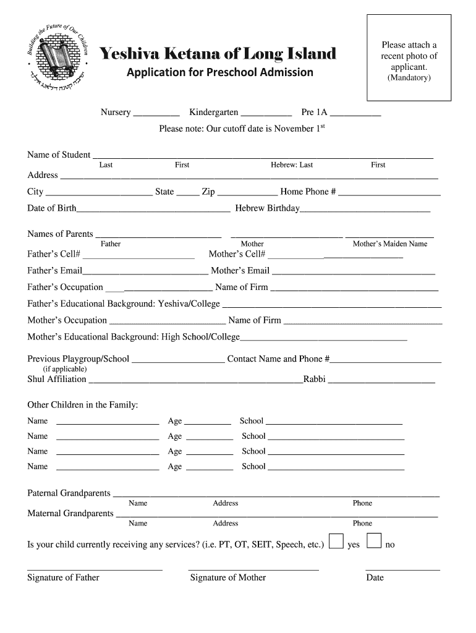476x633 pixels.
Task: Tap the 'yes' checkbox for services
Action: pyautogui.click(x=336, y=541)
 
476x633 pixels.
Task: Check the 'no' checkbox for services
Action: pyautogui.click(x=373, y=541)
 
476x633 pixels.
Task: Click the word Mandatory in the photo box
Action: pyautogui.click(x=409, y=78)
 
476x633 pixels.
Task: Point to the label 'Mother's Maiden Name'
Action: pyautogui.click(x=389, y=244)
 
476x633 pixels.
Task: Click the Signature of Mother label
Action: pyautogui.click(x=227, y=577)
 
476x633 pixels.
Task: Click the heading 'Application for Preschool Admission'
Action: pyautogui.click(x=220, y=72)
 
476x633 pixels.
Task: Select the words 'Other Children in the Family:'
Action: pyautogui.click(x=83, y=405)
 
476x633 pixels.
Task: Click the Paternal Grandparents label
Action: pyautogui.click(x=69, y=493)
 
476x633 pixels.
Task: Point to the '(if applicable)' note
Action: pyautogui.click(x=61, y=369)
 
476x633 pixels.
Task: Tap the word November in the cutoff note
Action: pyautogui.click(x=294, y=129)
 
